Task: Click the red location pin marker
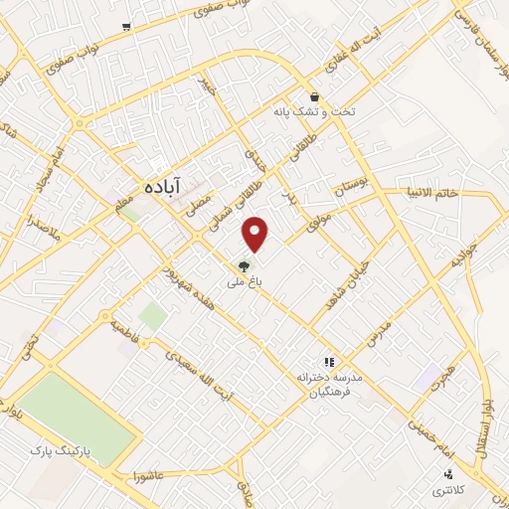[x=256, y=234]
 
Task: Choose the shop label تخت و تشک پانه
[x=314, y=112]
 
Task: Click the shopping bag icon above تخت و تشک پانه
[x=315, y=97]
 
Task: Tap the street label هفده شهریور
[x=181, y=285]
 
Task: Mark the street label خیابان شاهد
[x=351, y=267]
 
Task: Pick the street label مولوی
[x=320, y=220]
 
